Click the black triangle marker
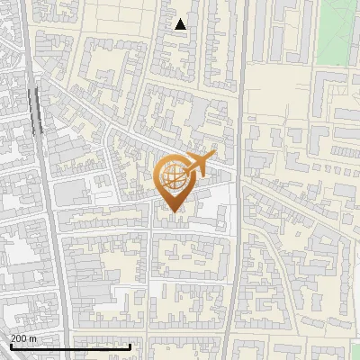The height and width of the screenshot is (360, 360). point(181,24)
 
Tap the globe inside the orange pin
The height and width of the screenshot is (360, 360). point(175,175)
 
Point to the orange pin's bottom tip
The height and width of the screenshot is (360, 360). point(174,212)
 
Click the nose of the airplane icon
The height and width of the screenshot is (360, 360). point(213,156)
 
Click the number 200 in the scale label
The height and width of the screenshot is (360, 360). point(19,338)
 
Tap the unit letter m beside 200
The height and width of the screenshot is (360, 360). point(34,338)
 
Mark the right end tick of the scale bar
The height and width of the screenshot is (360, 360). point(130,346)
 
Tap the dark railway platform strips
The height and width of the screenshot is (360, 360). point(37,108)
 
